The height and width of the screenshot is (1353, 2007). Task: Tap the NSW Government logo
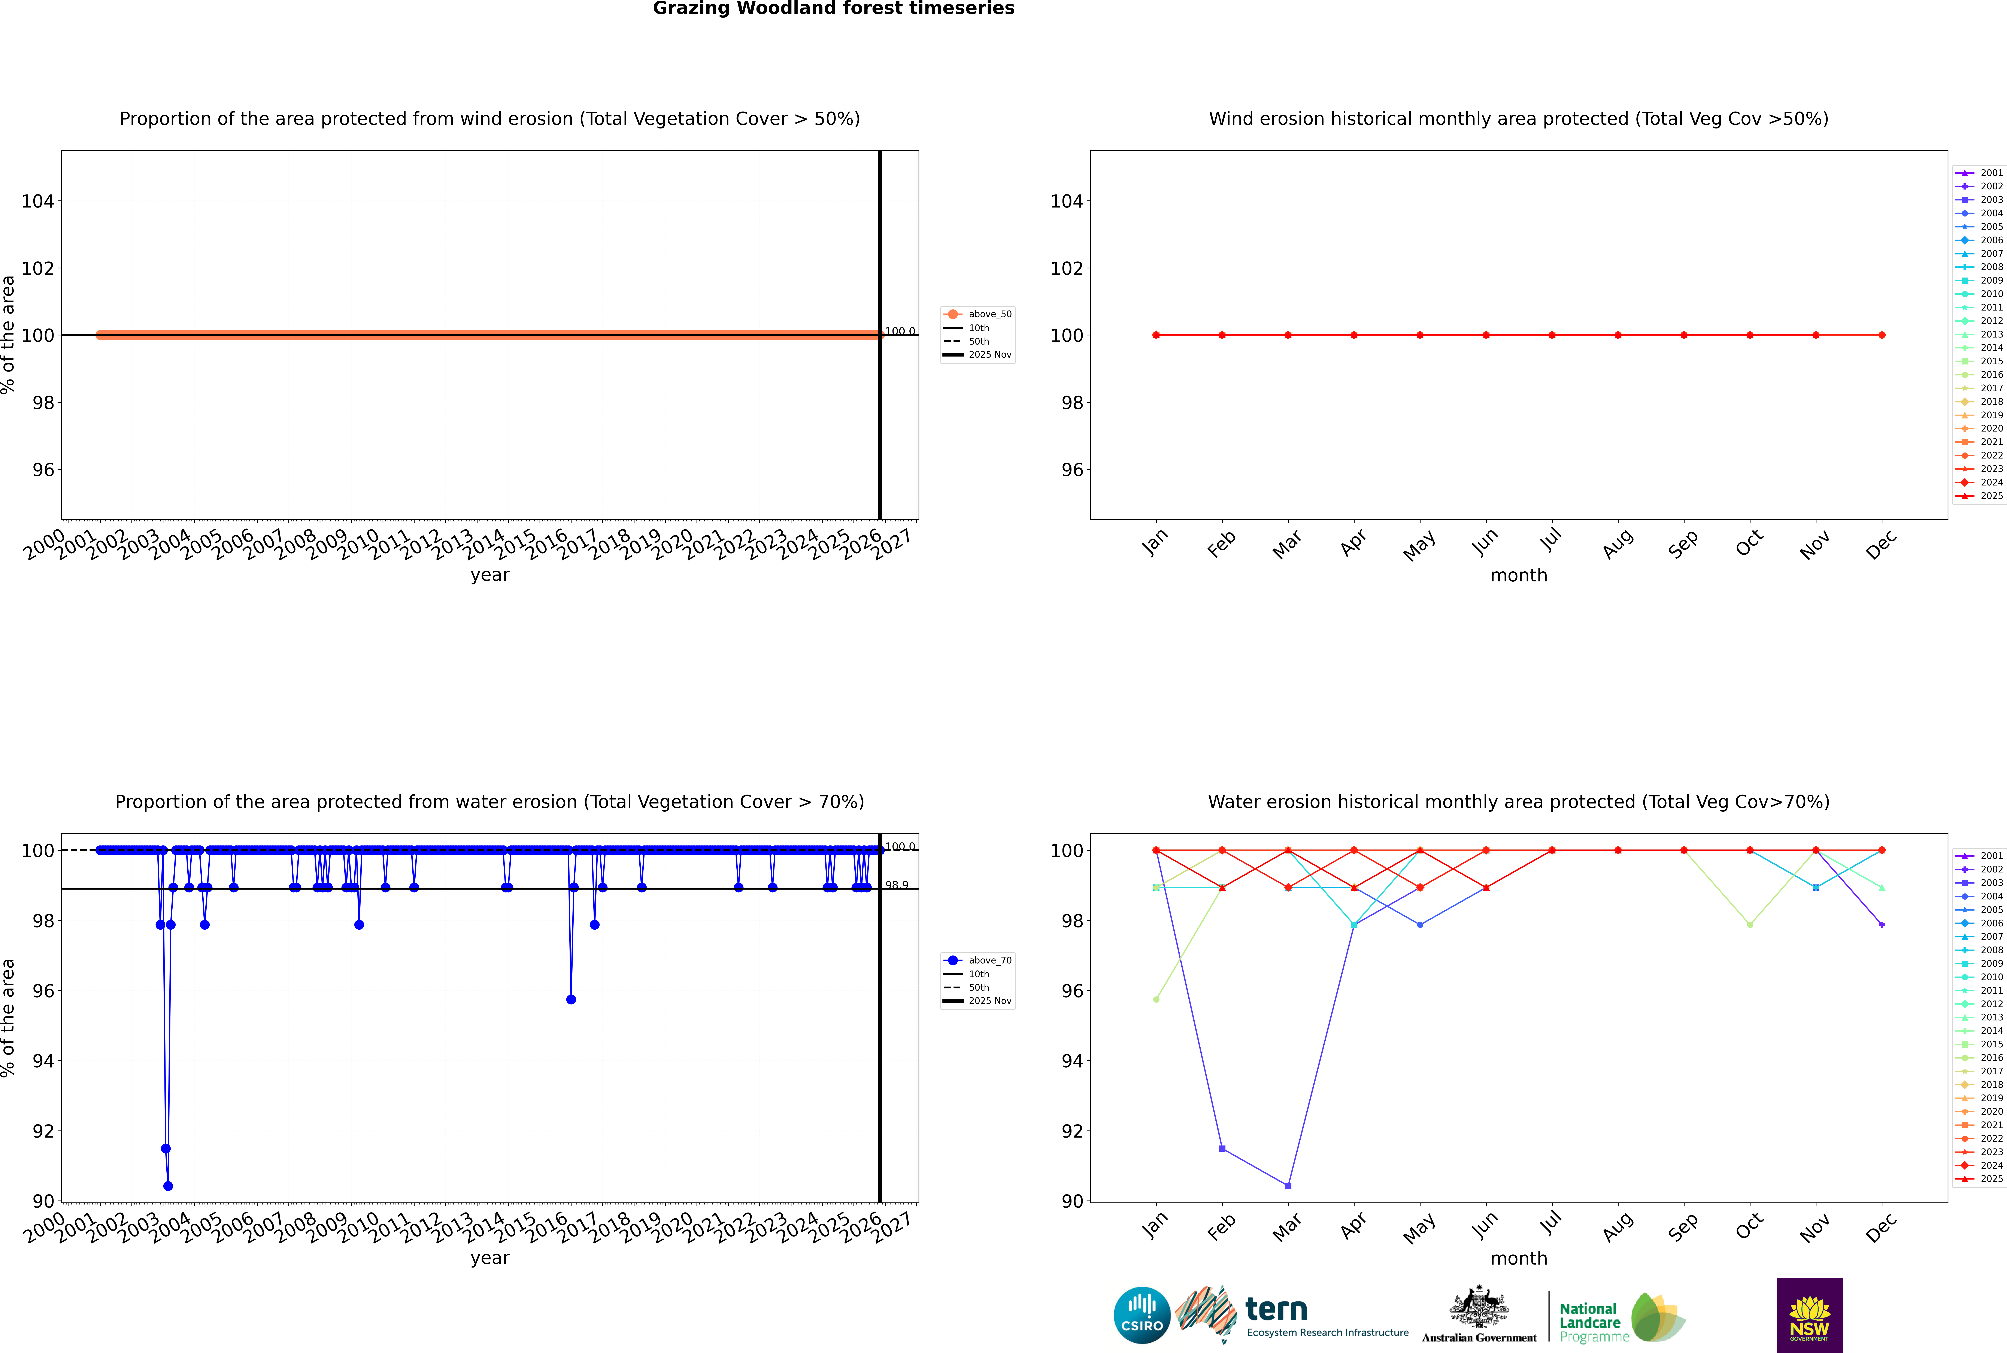1809,1315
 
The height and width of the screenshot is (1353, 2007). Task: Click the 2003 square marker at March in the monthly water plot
1288,1186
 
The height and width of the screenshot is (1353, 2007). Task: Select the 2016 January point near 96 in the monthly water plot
1156,999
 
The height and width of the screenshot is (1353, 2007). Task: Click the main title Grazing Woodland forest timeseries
834,9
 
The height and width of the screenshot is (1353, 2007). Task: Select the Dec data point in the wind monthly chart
1882,335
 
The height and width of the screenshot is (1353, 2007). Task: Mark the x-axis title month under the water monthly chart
1519,1258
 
